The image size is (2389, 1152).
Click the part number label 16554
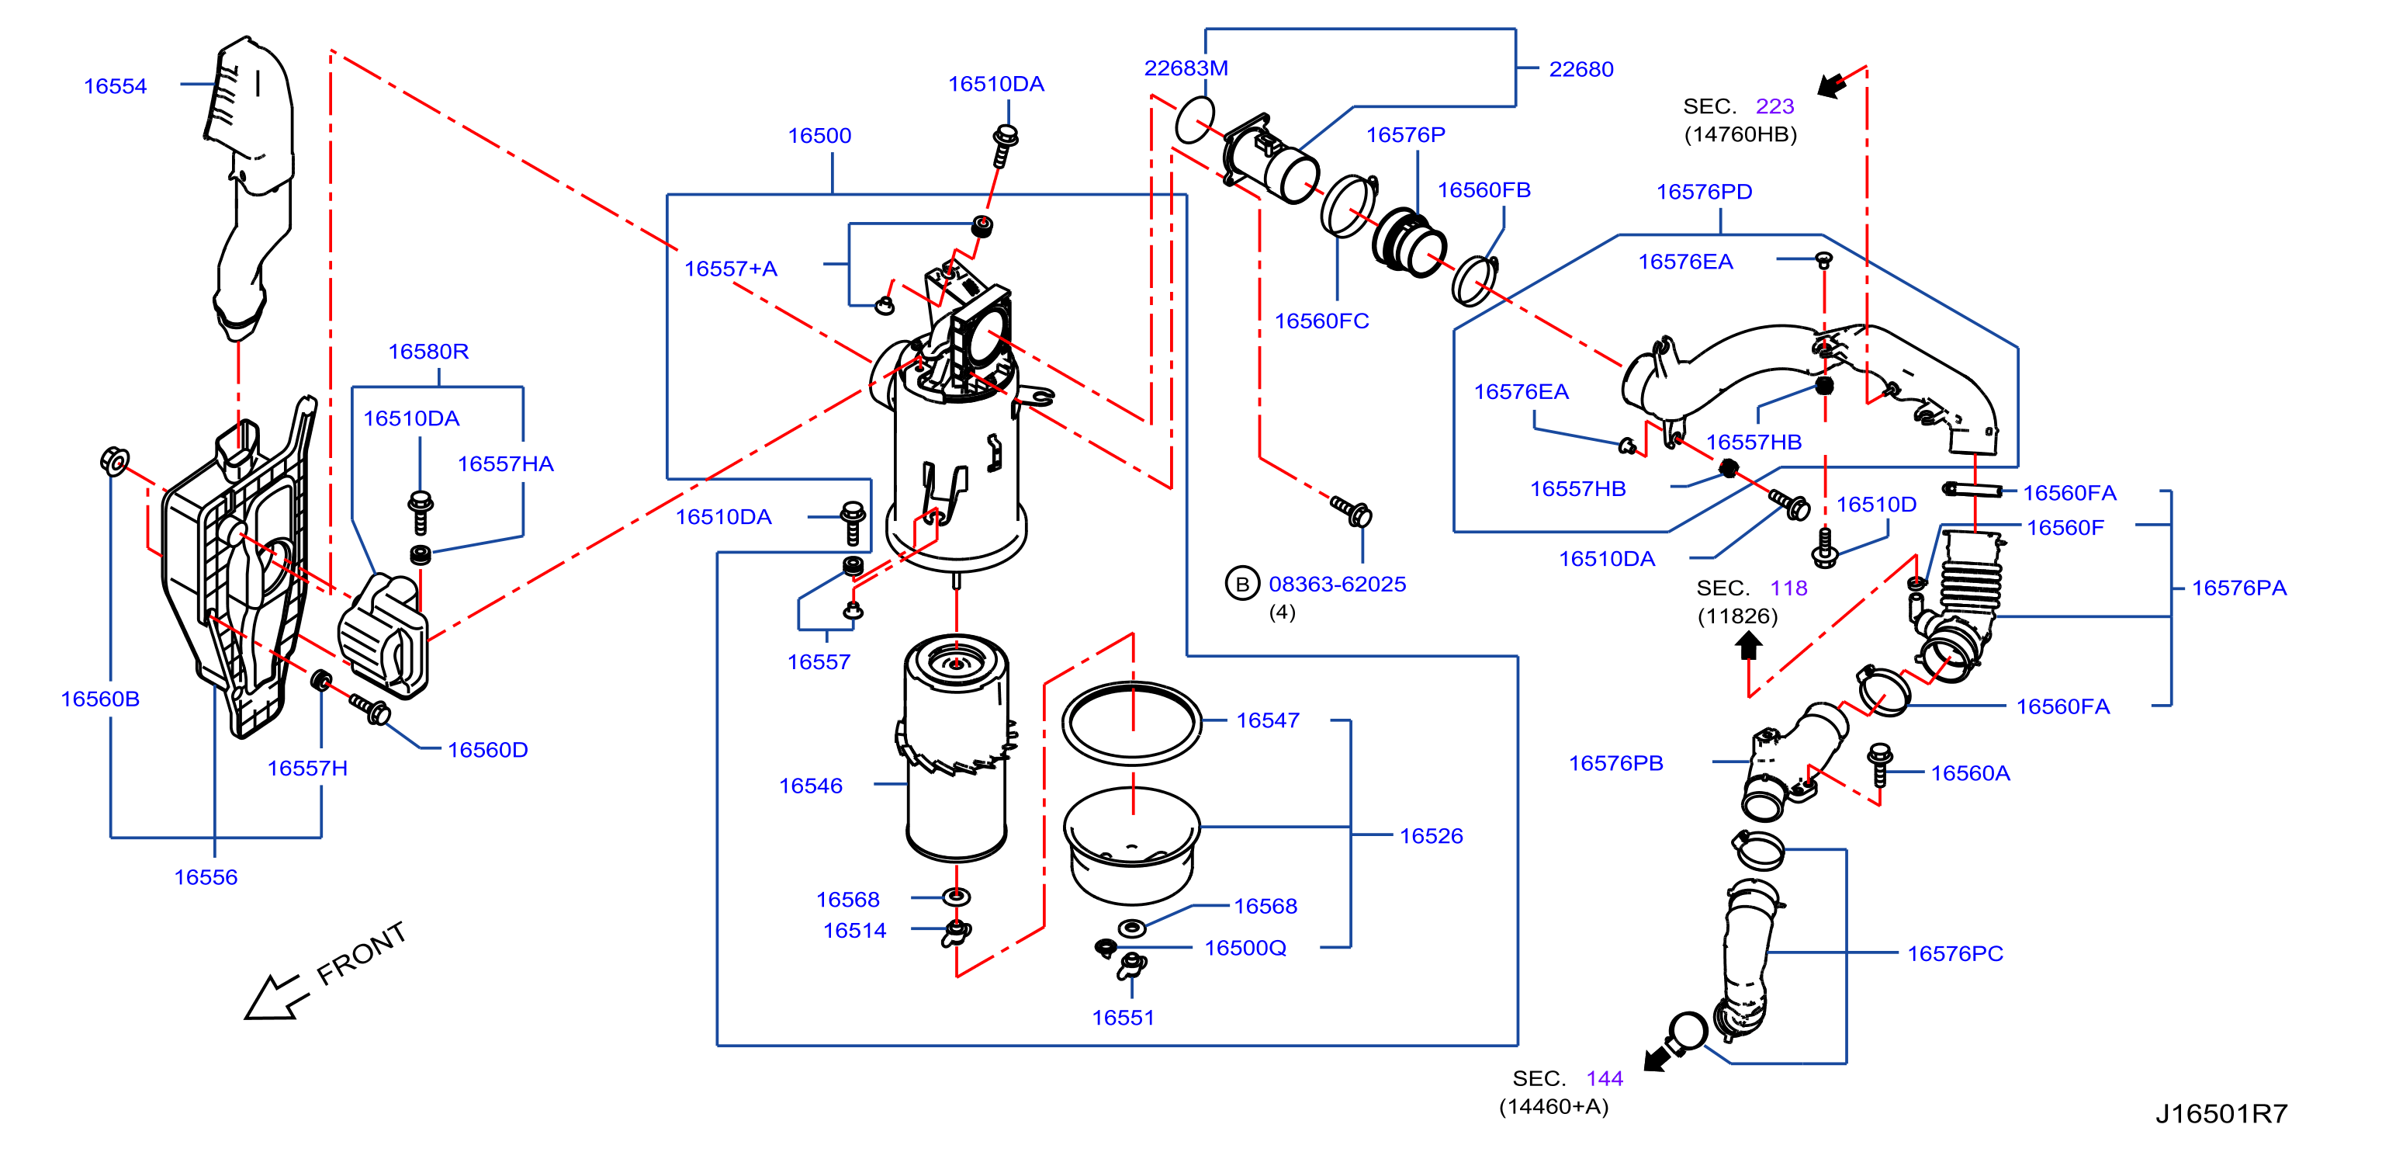pos(115,86)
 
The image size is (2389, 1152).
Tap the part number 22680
pos(1581,70)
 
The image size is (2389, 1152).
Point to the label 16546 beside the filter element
pos(811,786)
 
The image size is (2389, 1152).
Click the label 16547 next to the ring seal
pos(1268,720)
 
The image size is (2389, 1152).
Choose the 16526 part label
pos(1431,836)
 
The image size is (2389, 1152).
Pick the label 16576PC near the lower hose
pos(1955,953)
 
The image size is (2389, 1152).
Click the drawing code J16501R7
pos(2221,1113)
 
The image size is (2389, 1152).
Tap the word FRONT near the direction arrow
pos(362,953)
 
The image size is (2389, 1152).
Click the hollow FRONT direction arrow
pos(275,999)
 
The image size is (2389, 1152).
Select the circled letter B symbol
pos(1241,584)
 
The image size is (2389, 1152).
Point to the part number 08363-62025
pos(1338,585)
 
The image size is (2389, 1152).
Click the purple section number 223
pos(1775,106)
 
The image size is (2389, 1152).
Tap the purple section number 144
pos(1605,1079)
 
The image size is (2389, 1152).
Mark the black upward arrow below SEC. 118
pos(1748,646)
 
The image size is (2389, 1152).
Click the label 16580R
pos(428,352)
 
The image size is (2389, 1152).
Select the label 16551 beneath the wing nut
pos(1123,1018)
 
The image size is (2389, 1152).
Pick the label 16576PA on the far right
pos(2238,588)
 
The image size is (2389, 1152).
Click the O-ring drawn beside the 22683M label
pos(1195,120)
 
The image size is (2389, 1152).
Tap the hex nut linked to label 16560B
pos(114,460)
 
